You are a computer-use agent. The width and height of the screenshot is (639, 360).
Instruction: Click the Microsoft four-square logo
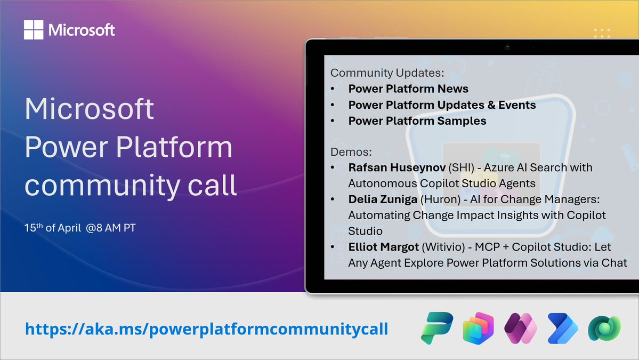34,30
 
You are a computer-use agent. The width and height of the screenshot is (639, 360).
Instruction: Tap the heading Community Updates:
387,73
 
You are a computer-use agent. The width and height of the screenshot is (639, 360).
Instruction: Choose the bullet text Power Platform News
408,89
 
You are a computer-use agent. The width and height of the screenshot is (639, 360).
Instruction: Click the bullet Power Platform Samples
417,121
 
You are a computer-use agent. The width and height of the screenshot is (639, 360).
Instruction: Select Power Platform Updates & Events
442,105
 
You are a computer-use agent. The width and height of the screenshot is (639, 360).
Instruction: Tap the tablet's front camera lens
507,47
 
